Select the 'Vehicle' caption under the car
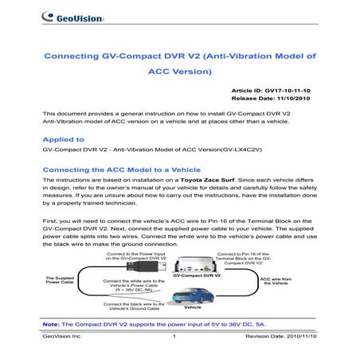pos(193,307)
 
